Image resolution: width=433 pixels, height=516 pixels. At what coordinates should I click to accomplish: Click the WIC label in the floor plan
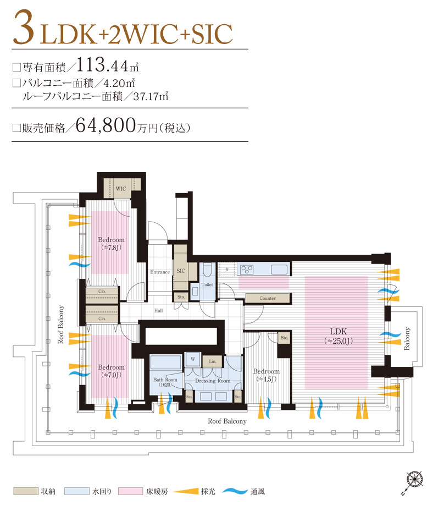pos(121,189)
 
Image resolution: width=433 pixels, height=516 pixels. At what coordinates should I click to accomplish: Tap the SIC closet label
pos(181,271)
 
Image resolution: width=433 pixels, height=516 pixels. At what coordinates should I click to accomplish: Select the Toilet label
pos(207,284)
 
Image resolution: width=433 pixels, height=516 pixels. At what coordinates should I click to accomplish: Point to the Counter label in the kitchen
pos(268,298)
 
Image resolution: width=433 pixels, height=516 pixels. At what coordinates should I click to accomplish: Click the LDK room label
pos(338,336)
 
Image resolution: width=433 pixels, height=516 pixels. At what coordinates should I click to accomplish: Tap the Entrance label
pos(160,272)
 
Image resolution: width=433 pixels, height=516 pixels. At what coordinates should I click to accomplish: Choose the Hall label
pos(158,310)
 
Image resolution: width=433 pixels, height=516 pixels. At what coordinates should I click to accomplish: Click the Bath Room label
pos(165,382)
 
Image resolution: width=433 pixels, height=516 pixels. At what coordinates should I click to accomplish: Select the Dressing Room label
pos(213,381)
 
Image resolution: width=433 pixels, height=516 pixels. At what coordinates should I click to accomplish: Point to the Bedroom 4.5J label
pos(267,375)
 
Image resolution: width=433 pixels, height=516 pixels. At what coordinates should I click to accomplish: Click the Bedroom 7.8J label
pos(111,244)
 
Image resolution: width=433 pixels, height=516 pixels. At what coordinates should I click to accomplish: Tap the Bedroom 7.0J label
pos(111,371)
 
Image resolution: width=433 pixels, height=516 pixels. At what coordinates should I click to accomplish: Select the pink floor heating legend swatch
pos(130,491)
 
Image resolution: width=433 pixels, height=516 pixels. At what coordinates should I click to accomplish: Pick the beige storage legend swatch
pos(26,491)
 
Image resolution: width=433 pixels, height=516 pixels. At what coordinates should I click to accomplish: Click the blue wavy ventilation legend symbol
pos(235,491)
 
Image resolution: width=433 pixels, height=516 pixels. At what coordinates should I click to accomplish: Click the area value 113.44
pos(102,64)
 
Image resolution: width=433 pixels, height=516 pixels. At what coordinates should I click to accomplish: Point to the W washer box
pos(193,359)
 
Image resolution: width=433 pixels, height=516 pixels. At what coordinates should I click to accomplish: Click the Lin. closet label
pos(213,361)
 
